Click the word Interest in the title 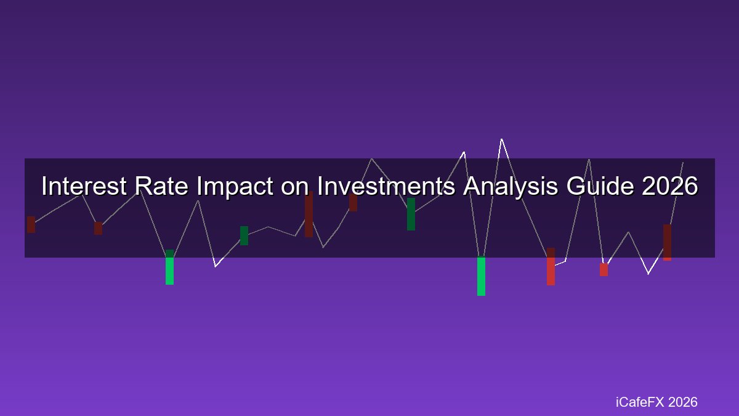pyautogui.click(x=84, y=186)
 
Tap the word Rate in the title pyautogui.click(x=161, y=186)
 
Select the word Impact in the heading pyautogui.click(x=235, y=187)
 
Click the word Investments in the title pyautogui.click(x=386, y=186)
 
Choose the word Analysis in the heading pyautogui.click(x=511, y=187)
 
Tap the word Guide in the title pyautogui.click(x=600, y=186)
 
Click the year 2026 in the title pyautogui.click(x=670, y=186)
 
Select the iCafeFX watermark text pyautogui.click(x=640, y=402)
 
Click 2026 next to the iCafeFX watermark pyautogui.click(x=682, y=402)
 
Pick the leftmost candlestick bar pyautogui.click(x=31, y=224)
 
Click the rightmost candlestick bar pyautogui.click(x=667, y=242)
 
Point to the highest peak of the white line pyautogui.click(x=501, y=139)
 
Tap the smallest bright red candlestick pyautogui.click(x=604, y=270)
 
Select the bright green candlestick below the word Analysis pyautogui.click(x=482, y=276)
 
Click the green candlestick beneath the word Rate pyautogui.click(x=169, y=267)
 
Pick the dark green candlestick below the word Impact pyautogui.click(x=244, y=235)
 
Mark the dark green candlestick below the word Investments pyautogui.click(x=411, y=214)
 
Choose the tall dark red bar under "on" pyautogui.click(x=309, y=214)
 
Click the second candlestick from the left pyautogui.click(x=98, y=228)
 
